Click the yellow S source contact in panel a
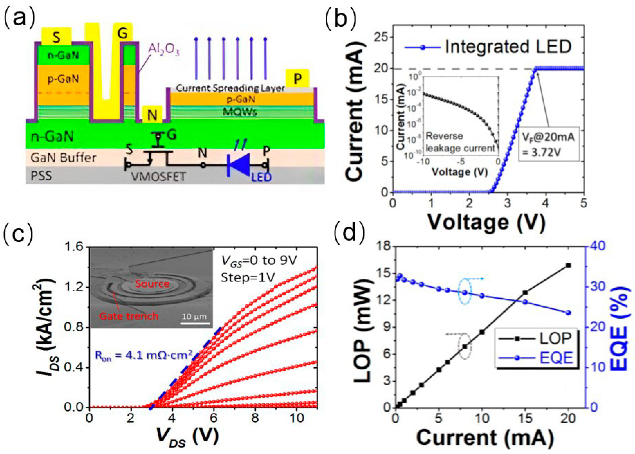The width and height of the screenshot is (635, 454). click(x=56, y=36)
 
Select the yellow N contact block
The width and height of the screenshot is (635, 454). click(x=152, y=114)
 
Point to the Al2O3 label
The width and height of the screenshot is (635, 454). click(x=164, y=50)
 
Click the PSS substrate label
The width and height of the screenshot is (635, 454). click(x=41, y=176)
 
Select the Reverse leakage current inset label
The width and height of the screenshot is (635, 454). click(x=460, y=142)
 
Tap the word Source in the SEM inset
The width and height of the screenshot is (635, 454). click(x=152, y=284)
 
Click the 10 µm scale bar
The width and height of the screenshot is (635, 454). click(x=195, y=324)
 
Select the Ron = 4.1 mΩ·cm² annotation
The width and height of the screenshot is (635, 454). click(x=144, y=356)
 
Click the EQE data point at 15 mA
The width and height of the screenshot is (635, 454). click(x=525, y=302)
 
